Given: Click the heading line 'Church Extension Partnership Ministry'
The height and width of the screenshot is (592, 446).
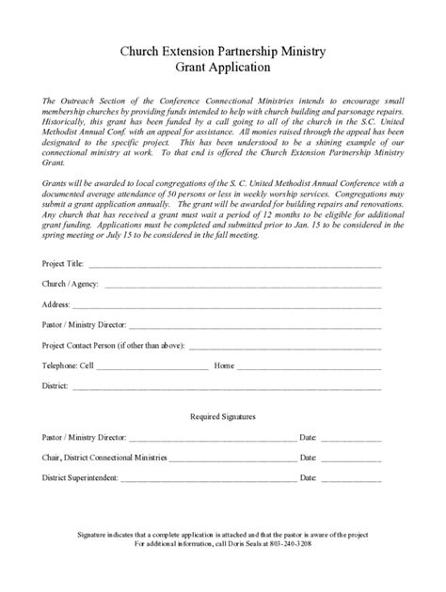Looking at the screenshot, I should click(223, 54).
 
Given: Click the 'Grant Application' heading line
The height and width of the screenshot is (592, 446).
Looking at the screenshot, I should click(223, 69).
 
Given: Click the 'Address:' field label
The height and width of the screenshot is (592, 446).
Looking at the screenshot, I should click(56, 304).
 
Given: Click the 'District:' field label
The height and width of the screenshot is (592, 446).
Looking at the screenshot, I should click(56, 386).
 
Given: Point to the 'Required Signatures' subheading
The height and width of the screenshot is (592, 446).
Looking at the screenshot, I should click(223, 415).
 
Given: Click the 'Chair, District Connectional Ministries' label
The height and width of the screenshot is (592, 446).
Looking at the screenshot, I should click(104, 458).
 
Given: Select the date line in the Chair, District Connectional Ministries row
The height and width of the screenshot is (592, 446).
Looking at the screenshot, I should click(351, 460).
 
